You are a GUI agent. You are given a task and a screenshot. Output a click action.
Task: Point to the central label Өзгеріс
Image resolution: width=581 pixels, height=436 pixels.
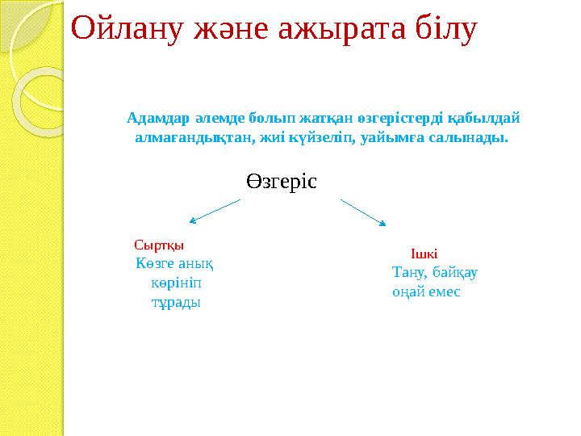(x=282, y=182)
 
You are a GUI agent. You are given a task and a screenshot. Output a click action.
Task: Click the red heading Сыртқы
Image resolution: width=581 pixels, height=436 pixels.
(x=158, y=244)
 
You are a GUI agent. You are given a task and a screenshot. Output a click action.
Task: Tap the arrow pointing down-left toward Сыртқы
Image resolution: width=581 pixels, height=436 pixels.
(x=215, y=210)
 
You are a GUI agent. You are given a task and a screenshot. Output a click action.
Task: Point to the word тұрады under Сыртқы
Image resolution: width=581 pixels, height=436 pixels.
(x=177, y=302)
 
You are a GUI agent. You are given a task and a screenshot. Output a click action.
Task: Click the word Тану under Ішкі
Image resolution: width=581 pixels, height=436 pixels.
(x=408, y=272)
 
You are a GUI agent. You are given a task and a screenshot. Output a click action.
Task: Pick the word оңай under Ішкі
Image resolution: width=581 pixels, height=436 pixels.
(x=408, y=291)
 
